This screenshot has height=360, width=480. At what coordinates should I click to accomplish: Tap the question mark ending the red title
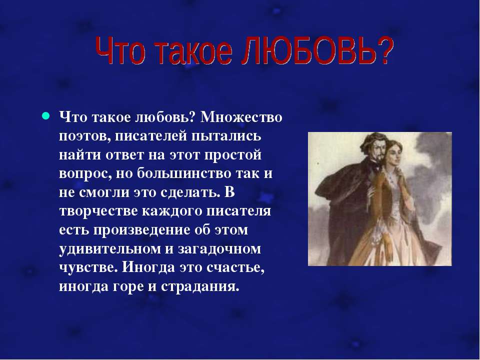[384, 50]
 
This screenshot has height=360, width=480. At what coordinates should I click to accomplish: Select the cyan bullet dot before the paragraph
[45, 116]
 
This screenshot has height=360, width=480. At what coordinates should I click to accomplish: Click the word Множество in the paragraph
[241, 117]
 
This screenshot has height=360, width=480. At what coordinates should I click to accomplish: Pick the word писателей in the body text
[151, 136]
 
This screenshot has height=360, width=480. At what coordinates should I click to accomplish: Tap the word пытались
[226, 136]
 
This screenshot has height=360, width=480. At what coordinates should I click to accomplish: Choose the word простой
[232, 155]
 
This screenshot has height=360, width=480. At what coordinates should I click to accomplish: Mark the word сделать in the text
[190, 192]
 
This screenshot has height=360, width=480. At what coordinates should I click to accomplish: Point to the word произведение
[141, 230]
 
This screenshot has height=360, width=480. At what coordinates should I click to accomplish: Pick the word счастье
[235, 268]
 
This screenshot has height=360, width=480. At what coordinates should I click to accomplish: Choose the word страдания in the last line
[199, 287]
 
